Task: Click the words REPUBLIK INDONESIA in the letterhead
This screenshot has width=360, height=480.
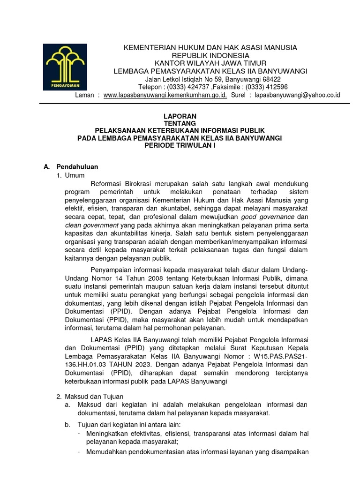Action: pos(210,55)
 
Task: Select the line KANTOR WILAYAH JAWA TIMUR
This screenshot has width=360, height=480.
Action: pos(210,63)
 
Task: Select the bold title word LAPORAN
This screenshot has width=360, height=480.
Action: pos(180,116)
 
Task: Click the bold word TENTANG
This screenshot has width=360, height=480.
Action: pos(180,123)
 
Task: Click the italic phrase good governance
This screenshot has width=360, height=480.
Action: pos(268,217)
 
